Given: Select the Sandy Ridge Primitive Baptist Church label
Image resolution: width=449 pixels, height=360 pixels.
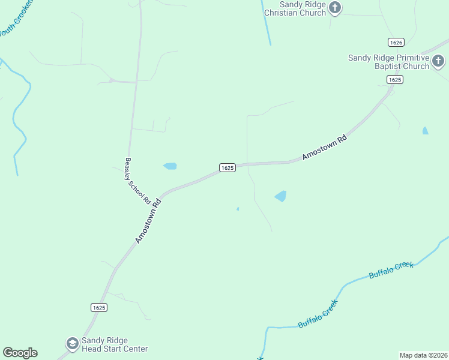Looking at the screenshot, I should pos(389,62).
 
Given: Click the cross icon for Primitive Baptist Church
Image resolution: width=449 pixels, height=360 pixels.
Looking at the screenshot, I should pos(438,61).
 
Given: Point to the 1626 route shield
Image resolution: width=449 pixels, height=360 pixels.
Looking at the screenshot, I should pos(396,42).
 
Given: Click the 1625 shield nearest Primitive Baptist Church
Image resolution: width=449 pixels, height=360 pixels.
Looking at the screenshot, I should pos(394,80).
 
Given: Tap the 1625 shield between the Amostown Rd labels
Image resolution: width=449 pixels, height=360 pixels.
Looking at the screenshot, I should pos(227,168).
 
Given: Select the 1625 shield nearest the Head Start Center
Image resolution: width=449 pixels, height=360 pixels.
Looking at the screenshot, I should pos(99,307).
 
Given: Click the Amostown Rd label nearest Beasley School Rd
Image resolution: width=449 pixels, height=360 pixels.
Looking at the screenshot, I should pos(148,221).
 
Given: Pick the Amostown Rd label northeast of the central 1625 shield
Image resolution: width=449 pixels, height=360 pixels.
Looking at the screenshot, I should pos(325,147).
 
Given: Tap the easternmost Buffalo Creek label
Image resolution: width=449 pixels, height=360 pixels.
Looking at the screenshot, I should pos(391,269).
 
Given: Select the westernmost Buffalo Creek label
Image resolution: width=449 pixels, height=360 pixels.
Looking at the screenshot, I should pos(318,314).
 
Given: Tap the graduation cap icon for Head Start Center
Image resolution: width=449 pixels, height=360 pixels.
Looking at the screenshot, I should pos(73,344).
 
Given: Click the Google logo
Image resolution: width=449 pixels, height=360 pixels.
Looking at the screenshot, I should pos(20,353).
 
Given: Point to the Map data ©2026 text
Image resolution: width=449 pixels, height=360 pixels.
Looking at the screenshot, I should pos(423,355).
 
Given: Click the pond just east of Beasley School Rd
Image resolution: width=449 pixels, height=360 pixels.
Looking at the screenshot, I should pos(170,166).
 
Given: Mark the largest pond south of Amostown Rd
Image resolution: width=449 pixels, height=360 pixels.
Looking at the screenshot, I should pos(280,196).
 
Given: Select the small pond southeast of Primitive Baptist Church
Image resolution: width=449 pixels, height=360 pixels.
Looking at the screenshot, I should pos(426,130).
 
